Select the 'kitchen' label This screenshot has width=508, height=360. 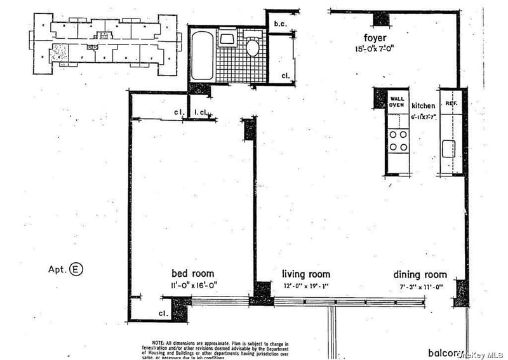point(423,106)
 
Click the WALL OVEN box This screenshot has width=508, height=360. point(398,102)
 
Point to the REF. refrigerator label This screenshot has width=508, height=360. point(451,103)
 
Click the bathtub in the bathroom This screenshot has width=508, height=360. point(202,56)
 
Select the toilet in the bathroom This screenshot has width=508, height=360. point(252,46)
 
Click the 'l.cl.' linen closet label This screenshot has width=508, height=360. point(201,113)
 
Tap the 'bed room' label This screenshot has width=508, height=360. point(192,274)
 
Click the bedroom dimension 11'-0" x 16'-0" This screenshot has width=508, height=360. point(192,286)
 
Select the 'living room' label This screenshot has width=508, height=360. point(305,274)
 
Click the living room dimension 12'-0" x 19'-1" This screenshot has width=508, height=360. point(305,286)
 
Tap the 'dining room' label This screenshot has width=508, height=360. point(419,275)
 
